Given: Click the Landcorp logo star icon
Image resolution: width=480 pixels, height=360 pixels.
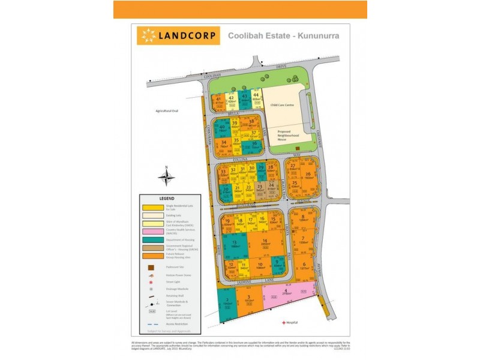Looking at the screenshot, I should [x=147, y=36].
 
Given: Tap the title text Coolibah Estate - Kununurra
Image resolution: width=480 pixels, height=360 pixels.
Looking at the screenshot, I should [x=284, y=35].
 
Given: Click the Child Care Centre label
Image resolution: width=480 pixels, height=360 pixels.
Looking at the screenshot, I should [x=282, y=104].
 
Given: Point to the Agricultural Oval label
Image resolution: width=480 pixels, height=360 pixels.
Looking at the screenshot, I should [x=167, y=111].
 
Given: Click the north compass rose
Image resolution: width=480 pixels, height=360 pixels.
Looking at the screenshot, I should [x=167, y=178].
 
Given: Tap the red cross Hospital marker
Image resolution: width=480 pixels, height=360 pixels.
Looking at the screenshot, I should [x=284, y=323].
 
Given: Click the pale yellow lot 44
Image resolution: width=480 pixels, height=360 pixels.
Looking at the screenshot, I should [x=256, y=97].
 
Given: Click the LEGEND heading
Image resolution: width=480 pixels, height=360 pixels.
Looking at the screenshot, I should [x=166, y=198].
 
